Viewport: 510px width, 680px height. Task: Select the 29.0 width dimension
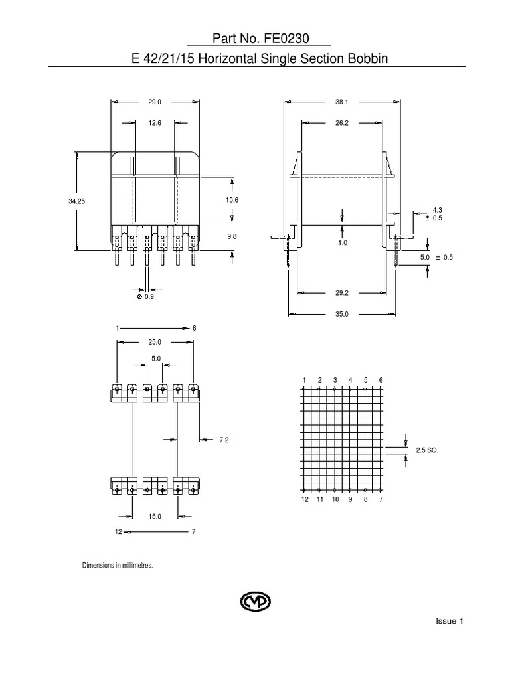(x=155, y=102)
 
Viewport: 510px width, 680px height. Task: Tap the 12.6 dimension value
(x=155, y=122)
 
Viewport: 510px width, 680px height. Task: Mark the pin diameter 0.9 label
(x=147, y=296)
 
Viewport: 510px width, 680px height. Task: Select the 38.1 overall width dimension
(x=343, y=102)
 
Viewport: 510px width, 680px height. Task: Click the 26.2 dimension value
(x=343, y=122)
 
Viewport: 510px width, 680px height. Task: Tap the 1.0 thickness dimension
(x=343, y=243)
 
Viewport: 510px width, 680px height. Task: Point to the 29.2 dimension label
(x=343, y=292)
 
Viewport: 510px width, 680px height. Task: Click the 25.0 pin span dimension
(x=155, y=343)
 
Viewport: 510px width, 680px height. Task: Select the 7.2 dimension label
(x=223, y=440)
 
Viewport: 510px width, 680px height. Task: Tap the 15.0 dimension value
(x=155, y=516)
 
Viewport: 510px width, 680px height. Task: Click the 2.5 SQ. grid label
(x=428, y=450)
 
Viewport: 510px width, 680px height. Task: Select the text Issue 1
(x=449, y=622)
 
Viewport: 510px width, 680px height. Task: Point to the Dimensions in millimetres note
(x=118, y=566)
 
